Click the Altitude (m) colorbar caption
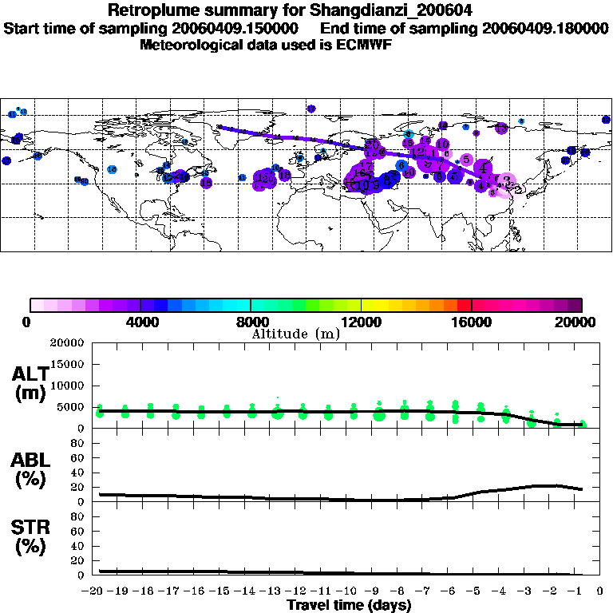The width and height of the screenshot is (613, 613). pos(295,334)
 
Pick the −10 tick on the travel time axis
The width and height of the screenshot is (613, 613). pos(349,591)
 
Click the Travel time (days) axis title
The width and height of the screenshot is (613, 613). pos(349,605)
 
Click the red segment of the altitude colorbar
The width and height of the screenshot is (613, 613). pos(465,305)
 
